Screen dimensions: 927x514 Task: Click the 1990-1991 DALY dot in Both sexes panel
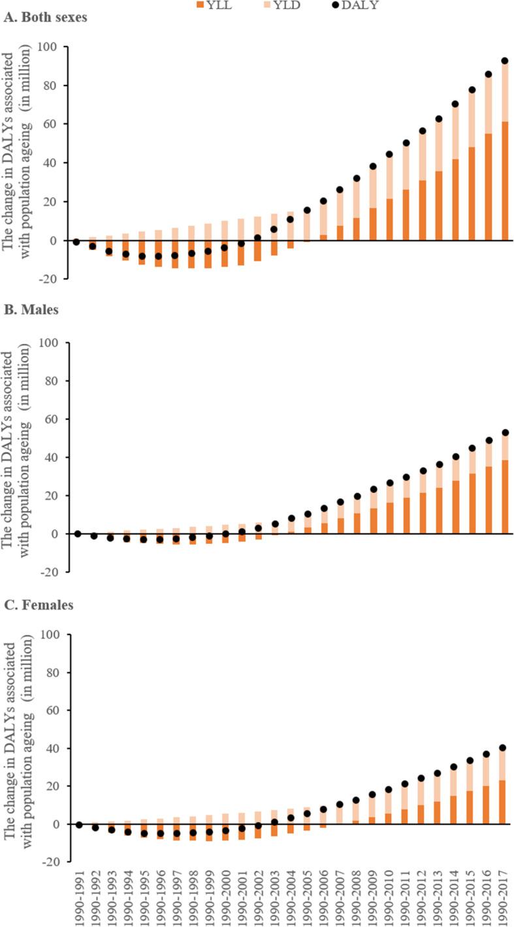coord(77,242)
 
